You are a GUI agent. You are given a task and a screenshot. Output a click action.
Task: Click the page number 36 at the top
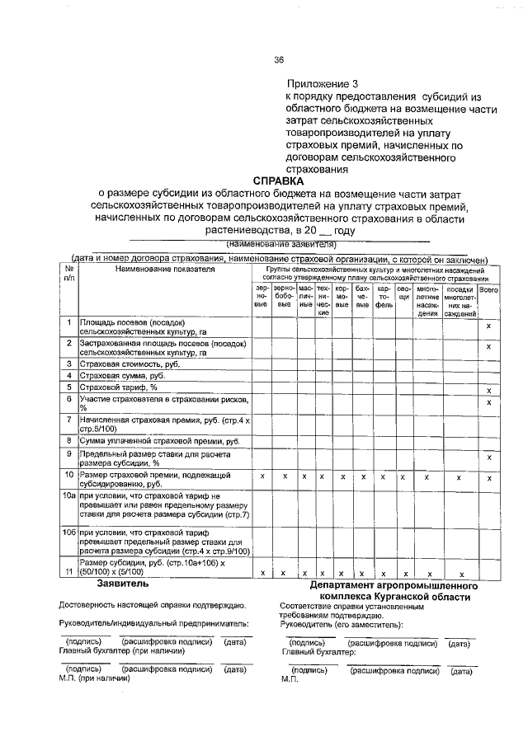278,59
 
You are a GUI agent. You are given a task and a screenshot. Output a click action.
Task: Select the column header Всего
489,291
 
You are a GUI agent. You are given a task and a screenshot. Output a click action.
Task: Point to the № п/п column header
69,274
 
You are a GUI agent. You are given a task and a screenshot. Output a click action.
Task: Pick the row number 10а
70,495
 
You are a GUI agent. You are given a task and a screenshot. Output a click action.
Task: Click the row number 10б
70,533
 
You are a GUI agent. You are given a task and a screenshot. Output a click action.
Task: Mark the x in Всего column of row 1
489,327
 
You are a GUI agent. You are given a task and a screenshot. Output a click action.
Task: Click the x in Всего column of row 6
489,401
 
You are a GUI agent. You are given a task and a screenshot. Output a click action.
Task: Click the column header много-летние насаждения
427,301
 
